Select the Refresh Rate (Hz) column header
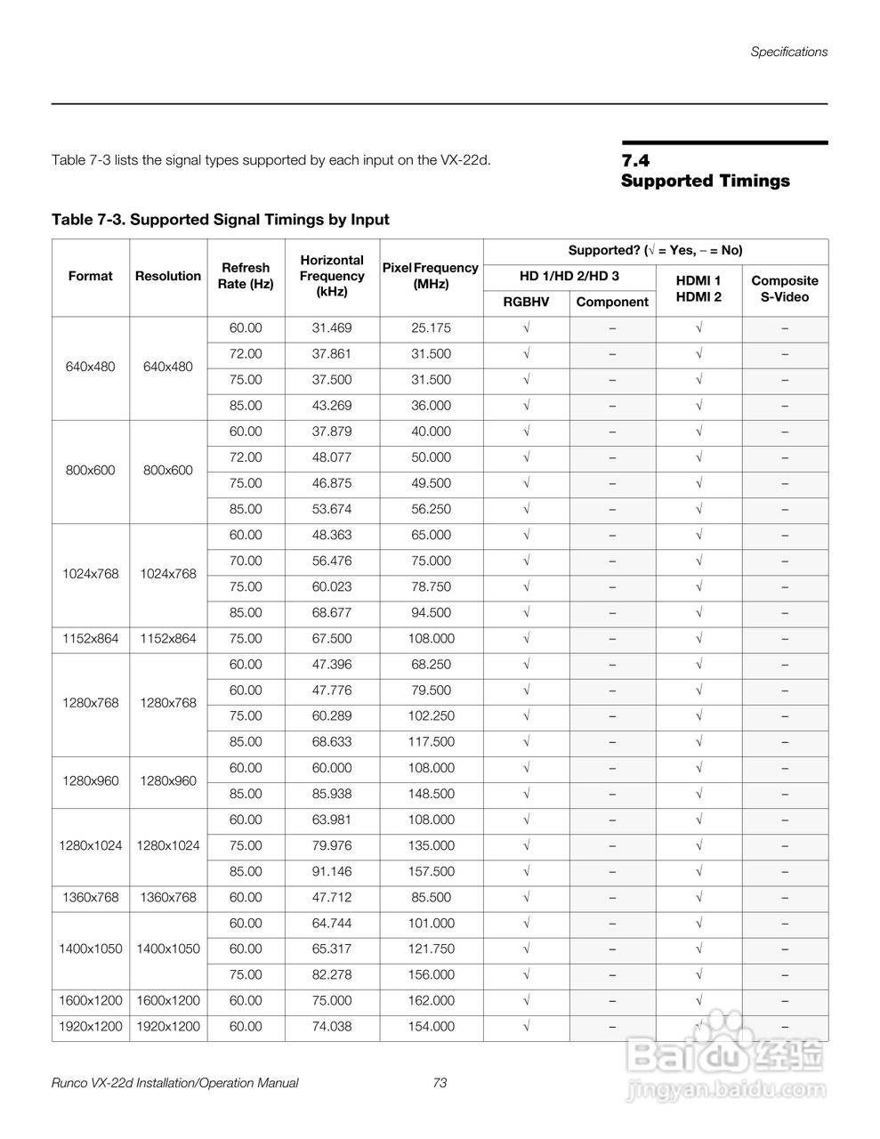[246, 276]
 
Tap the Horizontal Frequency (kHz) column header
[332, 276]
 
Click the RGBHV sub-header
[526, 302]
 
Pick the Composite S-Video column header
[785, 288]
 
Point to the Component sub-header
[612, 302]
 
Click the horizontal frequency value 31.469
[332, 327]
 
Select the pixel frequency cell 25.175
[432, 327]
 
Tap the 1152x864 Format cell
[91, 638]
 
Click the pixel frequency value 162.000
[432, 1000]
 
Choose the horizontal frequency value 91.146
[332, 871]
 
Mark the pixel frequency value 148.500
[432, 794]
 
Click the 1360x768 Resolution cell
[168, 897]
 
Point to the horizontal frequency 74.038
[332, 1026]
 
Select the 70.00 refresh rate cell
[246, 561]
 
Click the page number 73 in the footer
[440, 1083]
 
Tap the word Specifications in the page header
[788, 52]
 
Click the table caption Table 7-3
[221, 219]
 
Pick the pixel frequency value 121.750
[432, 949]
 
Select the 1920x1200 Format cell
[91, 1026]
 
